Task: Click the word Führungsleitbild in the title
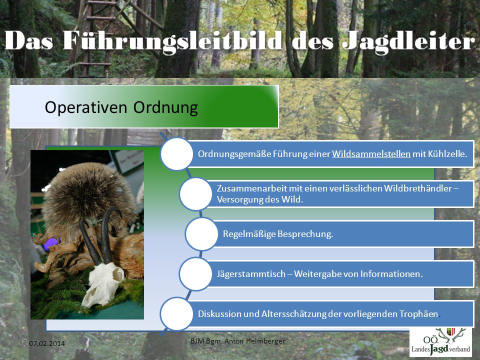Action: coord(172,40)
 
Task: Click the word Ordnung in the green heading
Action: coord(165,108)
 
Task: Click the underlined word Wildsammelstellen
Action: coord(371,153)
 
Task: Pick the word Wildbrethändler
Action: coord(418,188)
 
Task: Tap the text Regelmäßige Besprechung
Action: coord(278,234)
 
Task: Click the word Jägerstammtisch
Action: coord(251,273)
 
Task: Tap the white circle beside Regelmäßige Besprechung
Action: coord(201,234)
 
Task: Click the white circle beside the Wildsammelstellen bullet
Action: coord(176,153)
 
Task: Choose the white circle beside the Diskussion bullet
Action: coord(176,314)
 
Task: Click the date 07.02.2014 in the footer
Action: coord(47,343)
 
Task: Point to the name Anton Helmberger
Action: coord(254,340)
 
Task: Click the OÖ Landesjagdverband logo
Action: coord(440,342)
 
